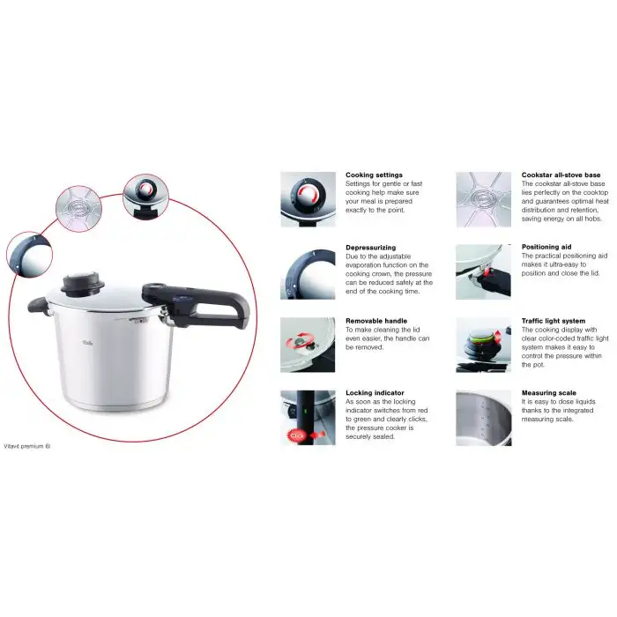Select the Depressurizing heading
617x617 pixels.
click(x=371, y=249)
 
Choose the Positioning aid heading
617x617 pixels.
click(x=546, y=249)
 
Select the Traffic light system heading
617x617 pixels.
click(x=553, y=321)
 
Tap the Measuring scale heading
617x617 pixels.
click(x=547, y=394)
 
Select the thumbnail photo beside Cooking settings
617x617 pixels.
click(x=308, y=199)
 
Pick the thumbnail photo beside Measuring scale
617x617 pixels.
click(x=483, y=417)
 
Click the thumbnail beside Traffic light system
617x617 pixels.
click(x=483, y=345)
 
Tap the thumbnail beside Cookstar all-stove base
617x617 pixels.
click(x=483, y=199)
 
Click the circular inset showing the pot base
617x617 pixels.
click(x=76, y=208)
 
